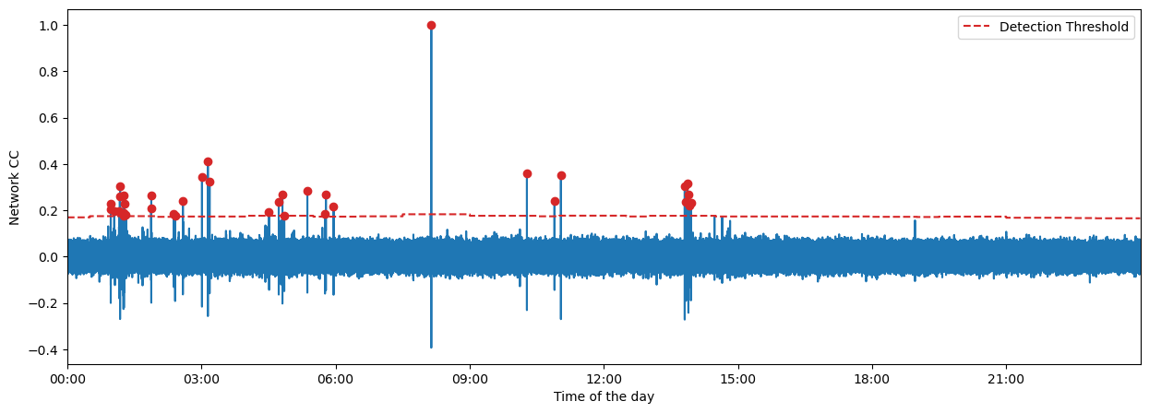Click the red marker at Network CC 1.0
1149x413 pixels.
[431, 26]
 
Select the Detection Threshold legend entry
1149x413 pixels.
[1063, 27]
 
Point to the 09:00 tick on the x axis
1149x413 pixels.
[470, 379]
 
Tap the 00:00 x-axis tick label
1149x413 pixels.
[67, 379]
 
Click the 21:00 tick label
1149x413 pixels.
[1006, 379]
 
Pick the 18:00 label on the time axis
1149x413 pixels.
[872, 379]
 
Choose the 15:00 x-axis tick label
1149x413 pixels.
[738, 379]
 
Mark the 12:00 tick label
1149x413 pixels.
[604, 379]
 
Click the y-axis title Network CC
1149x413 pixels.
[15, 187]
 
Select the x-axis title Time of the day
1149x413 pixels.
[604, 397]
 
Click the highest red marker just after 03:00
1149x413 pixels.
[208, 162]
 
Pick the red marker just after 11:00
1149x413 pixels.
[561, 175]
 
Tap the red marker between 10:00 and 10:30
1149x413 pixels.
[527, 173]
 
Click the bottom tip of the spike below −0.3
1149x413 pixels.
[431, 347]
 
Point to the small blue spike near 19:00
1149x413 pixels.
[915, 221]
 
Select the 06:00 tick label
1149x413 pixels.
[336, 379]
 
